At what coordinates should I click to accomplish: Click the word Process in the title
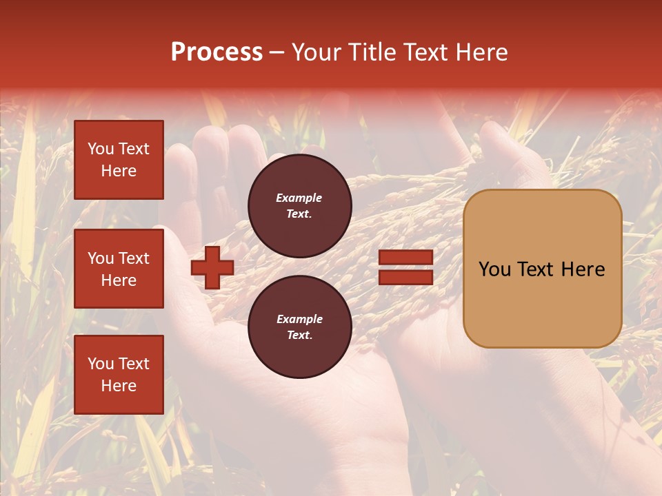coord(217,52)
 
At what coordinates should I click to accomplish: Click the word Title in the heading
coord(371,52)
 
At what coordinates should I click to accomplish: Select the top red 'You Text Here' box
coord(119,160)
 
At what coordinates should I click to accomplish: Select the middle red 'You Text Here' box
coord(119,269)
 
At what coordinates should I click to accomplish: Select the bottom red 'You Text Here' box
coord(119,374)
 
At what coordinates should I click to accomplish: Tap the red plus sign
coord(212,267)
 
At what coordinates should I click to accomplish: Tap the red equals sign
coord(405,267)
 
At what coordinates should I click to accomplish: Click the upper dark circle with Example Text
coord(300,205)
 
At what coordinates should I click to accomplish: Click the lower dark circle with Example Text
coord(300,327)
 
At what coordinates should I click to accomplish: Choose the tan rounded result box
coord(542,269)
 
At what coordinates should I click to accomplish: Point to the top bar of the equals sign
coord(405,258)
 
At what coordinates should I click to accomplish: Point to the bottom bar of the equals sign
coord(405,277)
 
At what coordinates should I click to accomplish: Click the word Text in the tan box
coord(539,269)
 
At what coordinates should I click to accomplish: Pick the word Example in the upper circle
coord(299,198)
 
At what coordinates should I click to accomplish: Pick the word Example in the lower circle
coord(299,319)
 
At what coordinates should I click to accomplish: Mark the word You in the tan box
coord(495,269)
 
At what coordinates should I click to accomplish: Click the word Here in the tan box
coord(583,269)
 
